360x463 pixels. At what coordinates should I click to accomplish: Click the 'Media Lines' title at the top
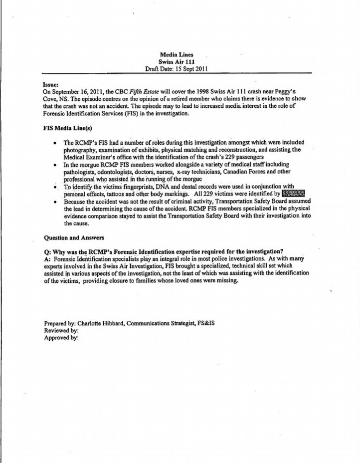pyautogui.click(x=177, y=54)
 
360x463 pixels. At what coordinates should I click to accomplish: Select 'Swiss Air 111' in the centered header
pyautogui.click(x=177, y=61)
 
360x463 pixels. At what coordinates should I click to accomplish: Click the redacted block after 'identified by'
pyautogui.click(x=293, y=194)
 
